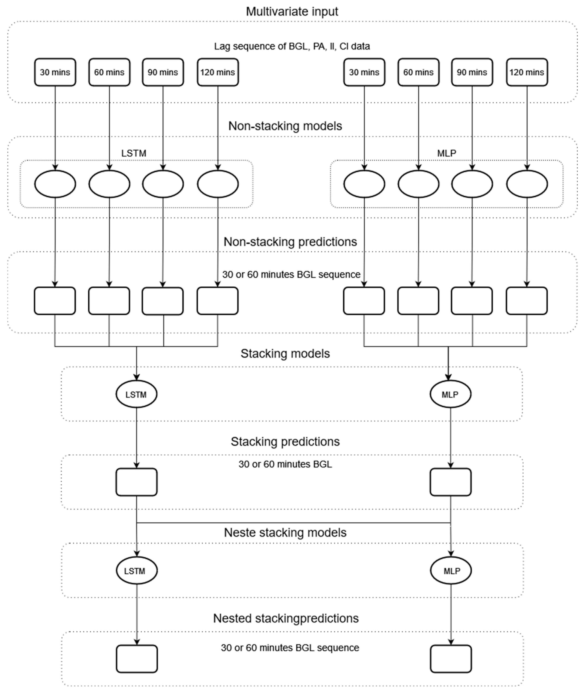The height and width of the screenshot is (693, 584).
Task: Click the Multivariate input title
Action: coord(292,12)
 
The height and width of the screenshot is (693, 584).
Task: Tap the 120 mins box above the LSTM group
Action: coord(217,72)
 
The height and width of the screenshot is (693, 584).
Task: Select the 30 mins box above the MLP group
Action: coord(364,72)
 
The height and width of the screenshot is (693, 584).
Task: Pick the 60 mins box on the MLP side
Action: coord(418,72)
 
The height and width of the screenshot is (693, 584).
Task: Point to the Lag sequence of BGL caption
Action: coord(292,46)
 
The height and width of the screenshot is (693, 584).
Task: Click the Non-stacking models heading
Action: coord(285,126)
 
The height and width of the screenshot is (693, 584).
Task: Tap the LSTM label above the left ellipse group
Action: coord(133,153)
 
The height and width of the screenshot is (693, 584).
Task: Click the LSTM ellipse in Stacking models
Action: coord(136,394)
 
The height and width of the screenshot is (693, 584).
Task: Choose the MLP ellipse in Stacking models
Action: coord(450,394)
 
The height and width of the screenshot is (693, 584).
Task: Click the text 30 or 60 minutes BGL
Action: coord(285,464)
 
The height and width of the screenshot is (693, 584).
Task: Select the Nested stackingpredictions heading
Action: coord(286,618)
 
